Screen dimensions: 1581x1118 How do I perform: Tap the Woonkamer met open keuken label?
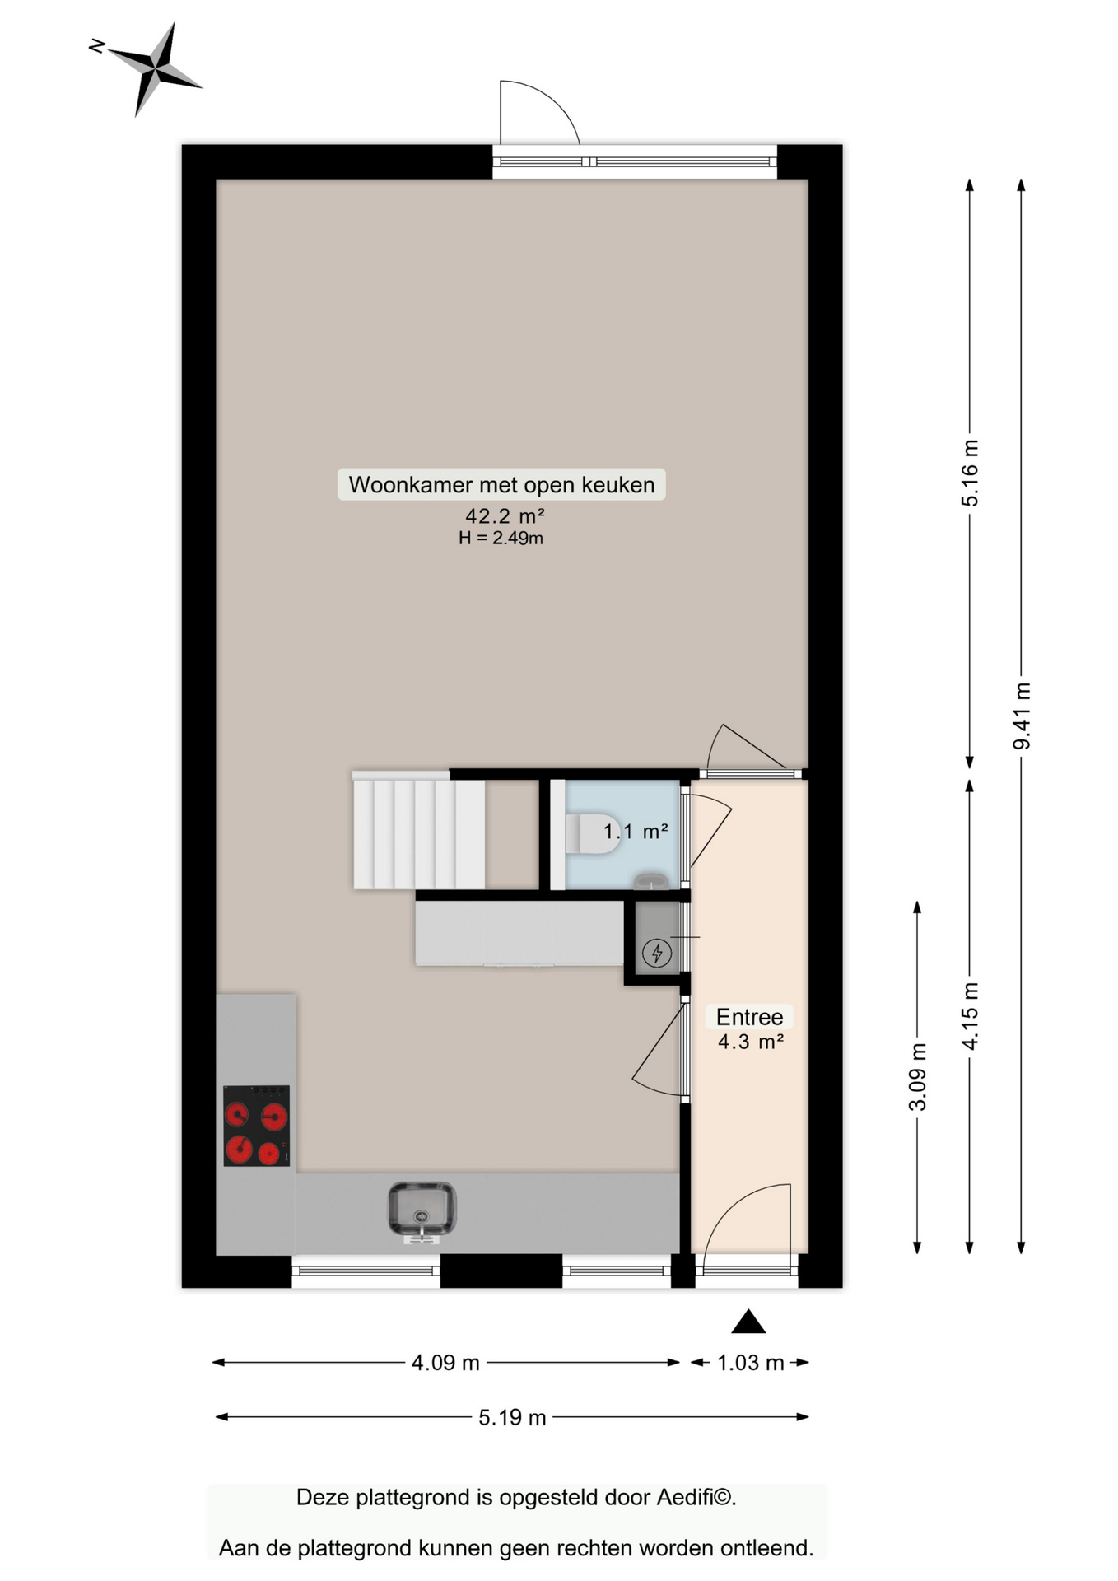(x=501, y=484)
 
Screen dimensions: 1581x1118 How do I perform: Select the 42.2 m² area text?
(x=504, y=516)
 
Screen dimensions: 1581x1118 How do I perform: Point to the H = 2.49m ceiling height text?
(x=501, y=539)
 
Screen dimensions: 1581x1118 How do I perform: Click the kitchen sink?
(x=422, y=1209)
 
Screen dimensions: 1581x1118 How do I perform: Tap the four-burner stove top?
(x=256, y=1126)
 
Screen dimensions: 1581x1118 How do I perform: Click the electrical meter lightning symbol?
(x=657, y=953)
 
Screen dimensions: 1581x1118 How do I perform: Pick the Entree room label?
(x=749, y=1017)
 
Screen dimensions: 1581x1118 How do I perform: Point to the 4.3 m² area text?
(x=750, y=1042)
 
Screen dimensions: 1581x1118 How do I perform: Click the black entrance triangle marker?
(x=748, y=1322)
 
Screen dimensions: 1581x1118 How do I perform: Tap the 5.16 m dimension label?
(x=971, y=473)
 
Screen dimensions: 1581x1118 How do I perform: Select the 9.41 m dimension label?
(x=1022, y=716)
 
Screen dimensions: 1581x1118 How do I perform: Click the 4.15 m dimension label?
(x=971, y=1016)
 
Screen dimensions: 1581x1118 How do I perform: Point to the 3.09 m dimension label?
(x=918, y=1077)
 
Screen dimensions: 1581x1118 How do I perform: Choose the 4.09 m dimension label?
(x=445, y=1363)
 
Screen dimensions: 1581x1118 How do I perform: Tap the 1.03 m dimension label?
(x=750, y=1363)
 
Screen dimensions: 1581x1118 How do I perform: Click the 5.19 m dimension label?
(x=512, y=1417)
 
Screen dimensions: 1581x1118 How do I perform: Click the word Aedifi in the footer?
(x=684, y=1497)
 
